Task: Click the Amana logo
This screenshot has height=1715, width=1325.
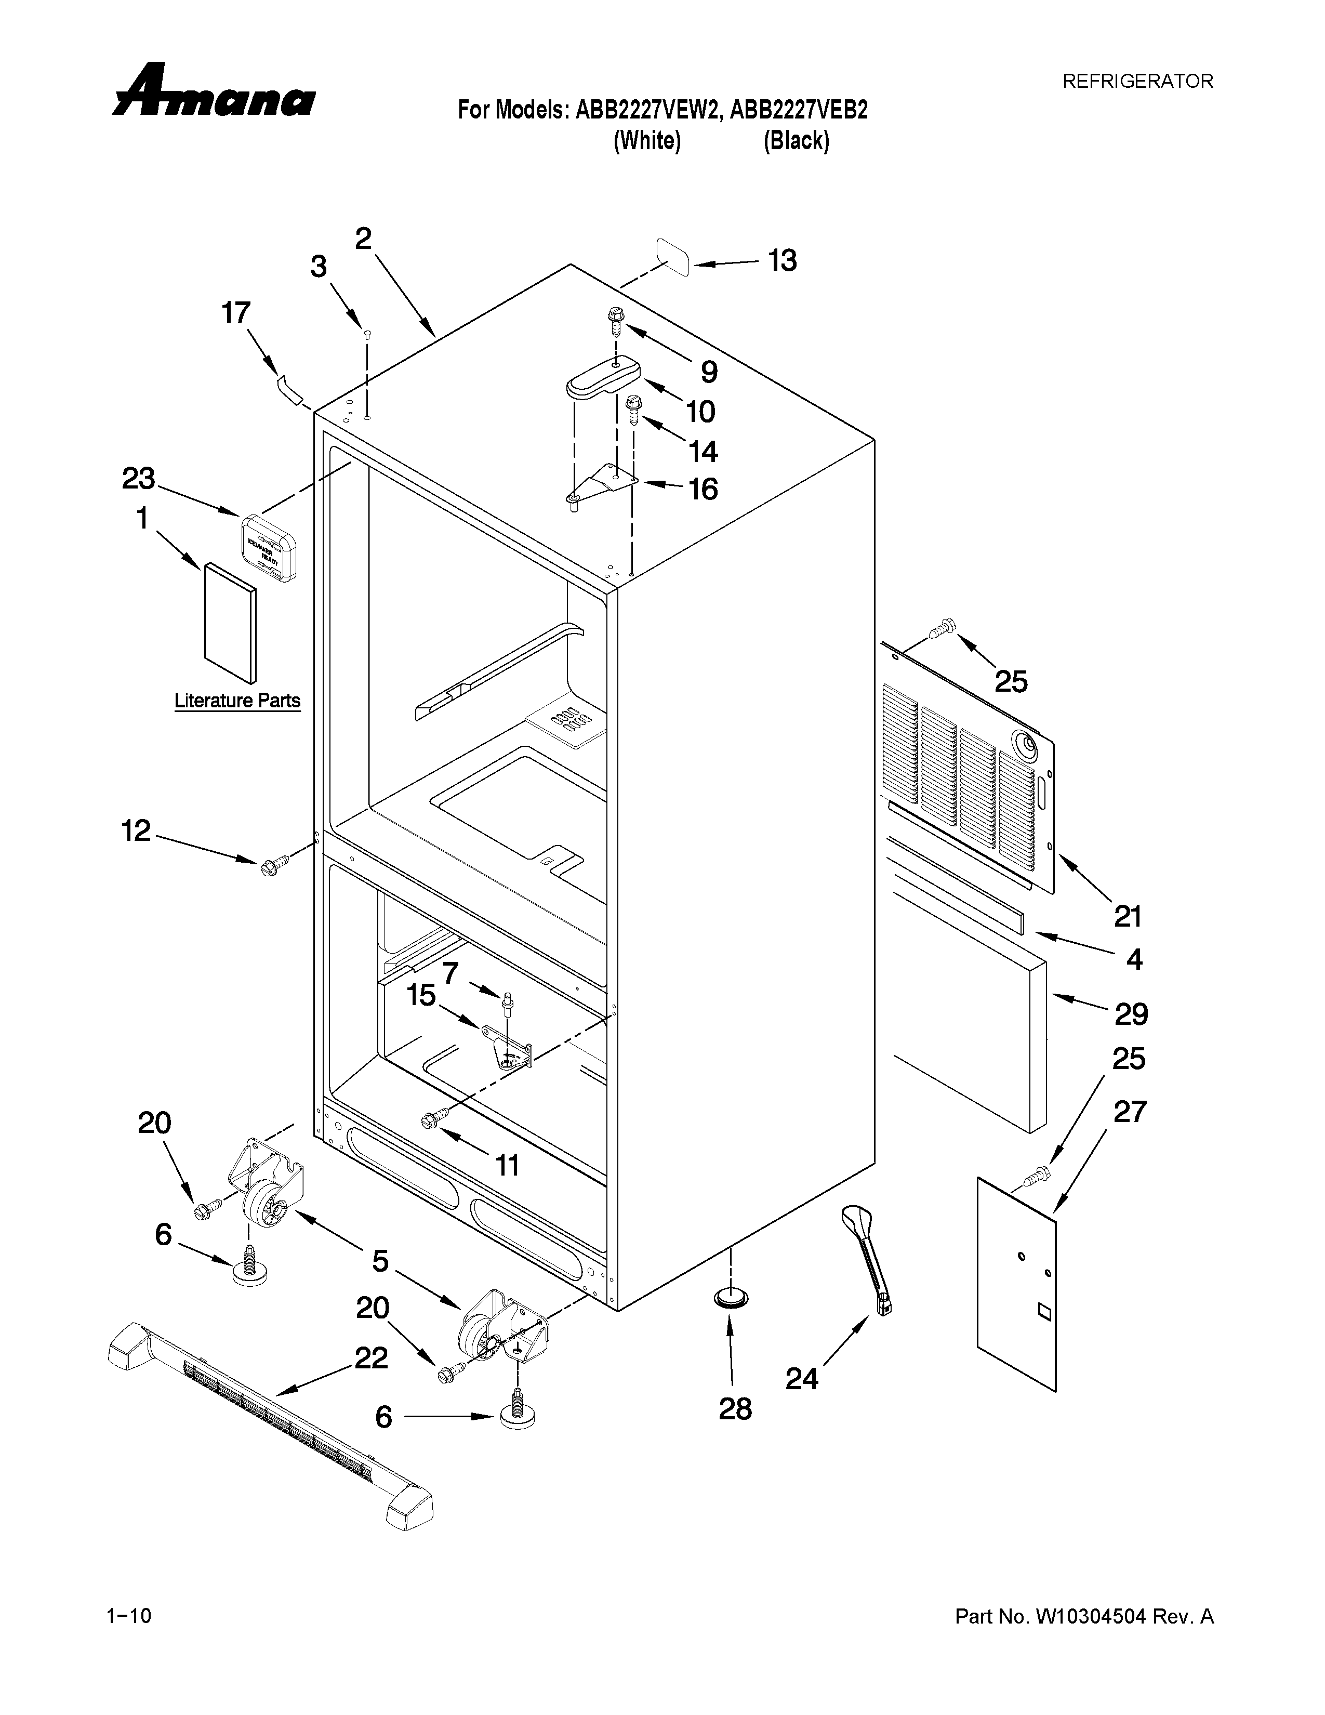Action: [214, 92]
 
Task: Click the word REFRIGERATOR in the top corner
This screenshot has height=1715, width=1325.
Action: [1137, 81]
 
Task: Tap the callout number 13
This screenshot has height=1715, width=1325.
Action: [782, 261]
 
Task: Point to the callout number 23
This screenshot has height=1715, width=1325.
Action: [138, 478]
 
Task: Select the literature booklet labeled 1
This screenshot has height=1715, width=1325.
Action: [229, 622]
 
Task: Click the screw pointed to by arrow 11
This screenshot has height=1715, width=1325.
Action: [433, 1118]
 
